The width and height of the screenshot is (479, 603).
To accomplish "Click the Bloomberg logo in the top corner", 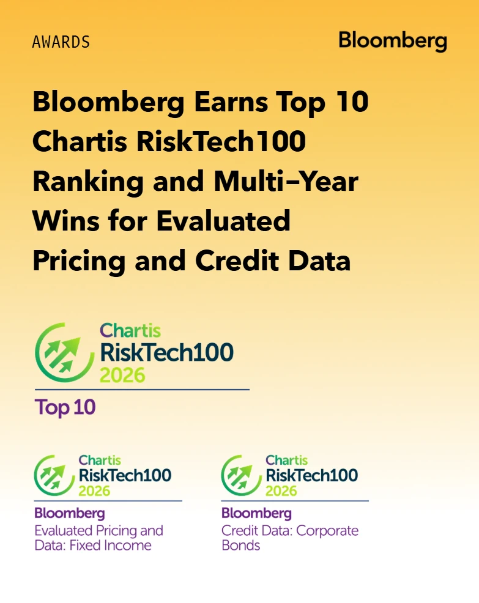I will click(x=392, y=42).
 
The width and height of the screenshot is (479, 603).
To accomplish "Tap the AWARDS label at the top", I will click(x=61, y=42).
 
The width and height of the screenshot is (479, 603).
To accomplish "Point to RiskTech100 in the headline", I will click(x=221, y=142).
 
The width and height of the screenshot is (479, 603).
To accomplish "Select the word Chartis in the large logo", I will click(x=130, y=331).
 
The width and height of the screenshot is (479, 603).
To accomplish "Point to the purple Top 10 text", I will click(x=65, y=407).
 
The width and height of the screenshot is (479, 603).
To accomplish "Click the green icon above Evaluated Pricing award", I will click(x=55, y=474).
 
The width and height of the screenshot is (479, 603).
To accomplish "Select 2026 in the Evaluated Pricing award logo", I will click(x=94, y=490).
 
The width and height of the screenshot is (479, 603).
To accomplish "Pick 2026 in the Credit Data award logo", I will click(x=281, y=490).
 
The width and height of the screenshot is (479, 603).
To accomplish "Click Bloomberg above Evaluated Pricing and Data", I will click(x=69, y=513).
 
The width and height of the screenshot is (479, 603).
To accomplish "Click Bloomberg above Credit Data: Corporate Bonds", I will click(x=256, y=513).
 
